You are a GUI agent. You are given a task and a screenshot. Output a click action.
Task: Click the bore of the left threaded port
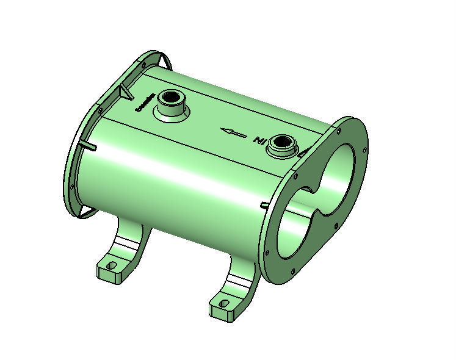(170, 99)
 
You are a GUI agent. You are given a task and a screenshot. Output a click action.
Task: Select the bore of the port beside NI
(283, 143)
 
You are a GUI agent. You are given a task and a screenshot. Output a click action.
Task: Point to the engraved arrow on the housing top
(234, 131)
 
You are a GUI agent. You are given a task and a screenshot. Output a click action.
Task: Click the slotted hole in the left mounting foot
(111, 265)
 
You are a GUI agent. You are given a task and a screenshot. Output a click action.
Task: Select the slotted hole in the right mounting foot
(223, 303)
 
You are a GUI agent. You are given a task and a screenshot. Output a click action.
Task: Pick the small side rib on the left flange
(89, 146)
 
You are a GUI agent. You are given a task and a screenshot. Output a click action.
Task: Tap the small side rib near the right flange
(264, 205)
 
